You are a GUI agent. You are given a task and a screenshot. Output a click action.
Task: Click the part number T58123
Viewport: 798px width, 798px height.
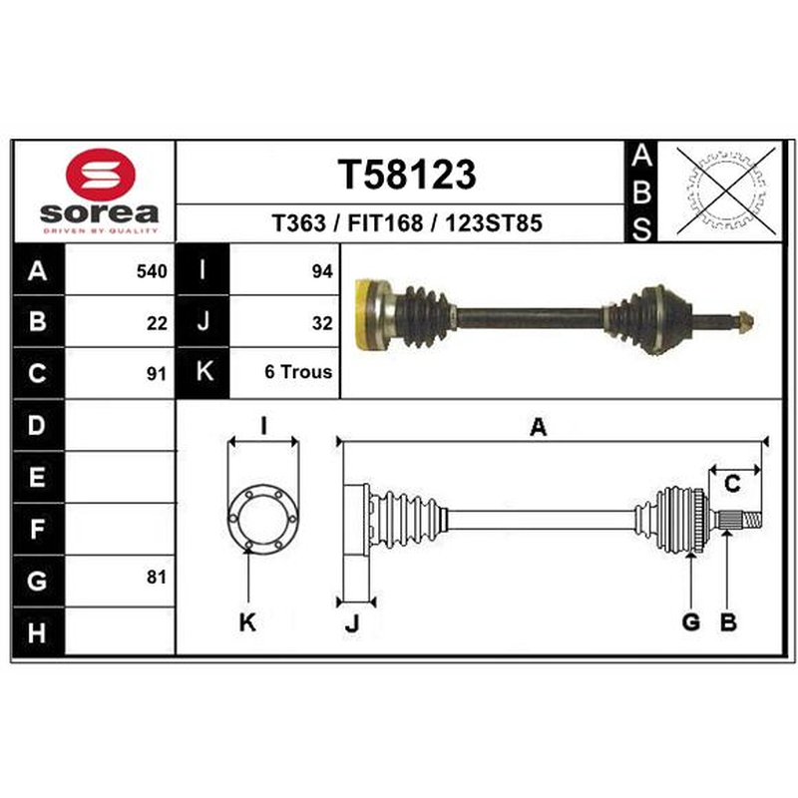point(407,174)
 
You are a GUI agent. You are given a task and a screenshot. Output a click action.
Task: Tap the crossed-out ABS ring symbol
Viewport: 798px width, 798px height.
point(726,191)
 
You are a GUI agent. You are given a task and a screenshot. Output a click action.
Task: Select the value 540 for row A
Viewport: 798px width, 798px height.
point(152,271)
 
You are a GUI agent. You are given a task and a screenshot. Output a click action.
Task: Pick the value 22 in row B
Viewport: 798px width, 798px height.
point(157,323)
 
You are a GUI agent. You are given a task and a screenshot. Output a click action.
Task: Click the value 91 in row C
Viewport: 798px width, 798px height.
point(157,374)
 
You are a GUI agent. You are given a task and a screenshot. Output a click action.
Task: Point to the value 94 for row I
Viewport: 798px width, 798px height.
point(322,271)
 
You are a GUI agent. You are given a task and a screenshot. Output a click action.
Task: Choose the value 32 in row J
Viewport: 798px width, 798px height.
point(322,323)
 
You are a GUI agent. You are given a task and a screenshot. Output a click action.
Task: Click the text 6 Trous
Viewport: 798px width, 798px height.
point(298,372)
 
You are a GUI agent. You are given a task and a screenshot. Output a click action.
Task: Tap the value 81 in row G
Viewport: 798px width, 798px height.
point(157,578)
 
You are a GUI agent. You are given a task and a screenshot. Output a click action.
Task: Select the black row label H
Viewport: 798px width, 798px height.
point(38,632)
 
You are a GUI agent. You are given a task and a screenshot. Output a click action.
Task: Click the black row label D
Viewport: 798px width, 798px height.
point(38,425)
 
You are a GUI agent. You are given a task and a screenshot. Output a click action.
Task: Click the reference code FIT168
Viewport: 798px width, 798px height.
point(385,222)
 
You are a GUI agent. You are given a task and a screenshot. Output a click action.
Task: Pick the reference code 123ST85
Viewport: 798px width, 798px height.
point(494,222)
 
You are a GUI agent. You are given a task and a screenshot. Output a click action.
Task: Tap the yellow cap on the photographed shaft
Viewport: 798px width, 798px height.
point(365,314)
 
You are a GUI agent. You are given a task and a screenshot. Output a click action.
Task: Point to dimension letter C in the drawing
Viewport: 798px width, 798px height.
point(732,484)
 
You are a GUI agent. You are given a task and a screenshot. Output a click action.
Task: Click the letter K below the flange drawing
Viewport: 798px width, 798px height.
point(247,621)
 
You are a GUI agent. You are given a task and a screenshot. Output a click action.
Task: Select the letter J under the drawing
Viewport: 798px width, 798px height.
point(352,622)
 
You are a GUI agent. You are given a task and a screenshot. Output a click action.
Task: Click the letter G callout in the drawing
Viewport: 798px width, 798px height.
point(690,621)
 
